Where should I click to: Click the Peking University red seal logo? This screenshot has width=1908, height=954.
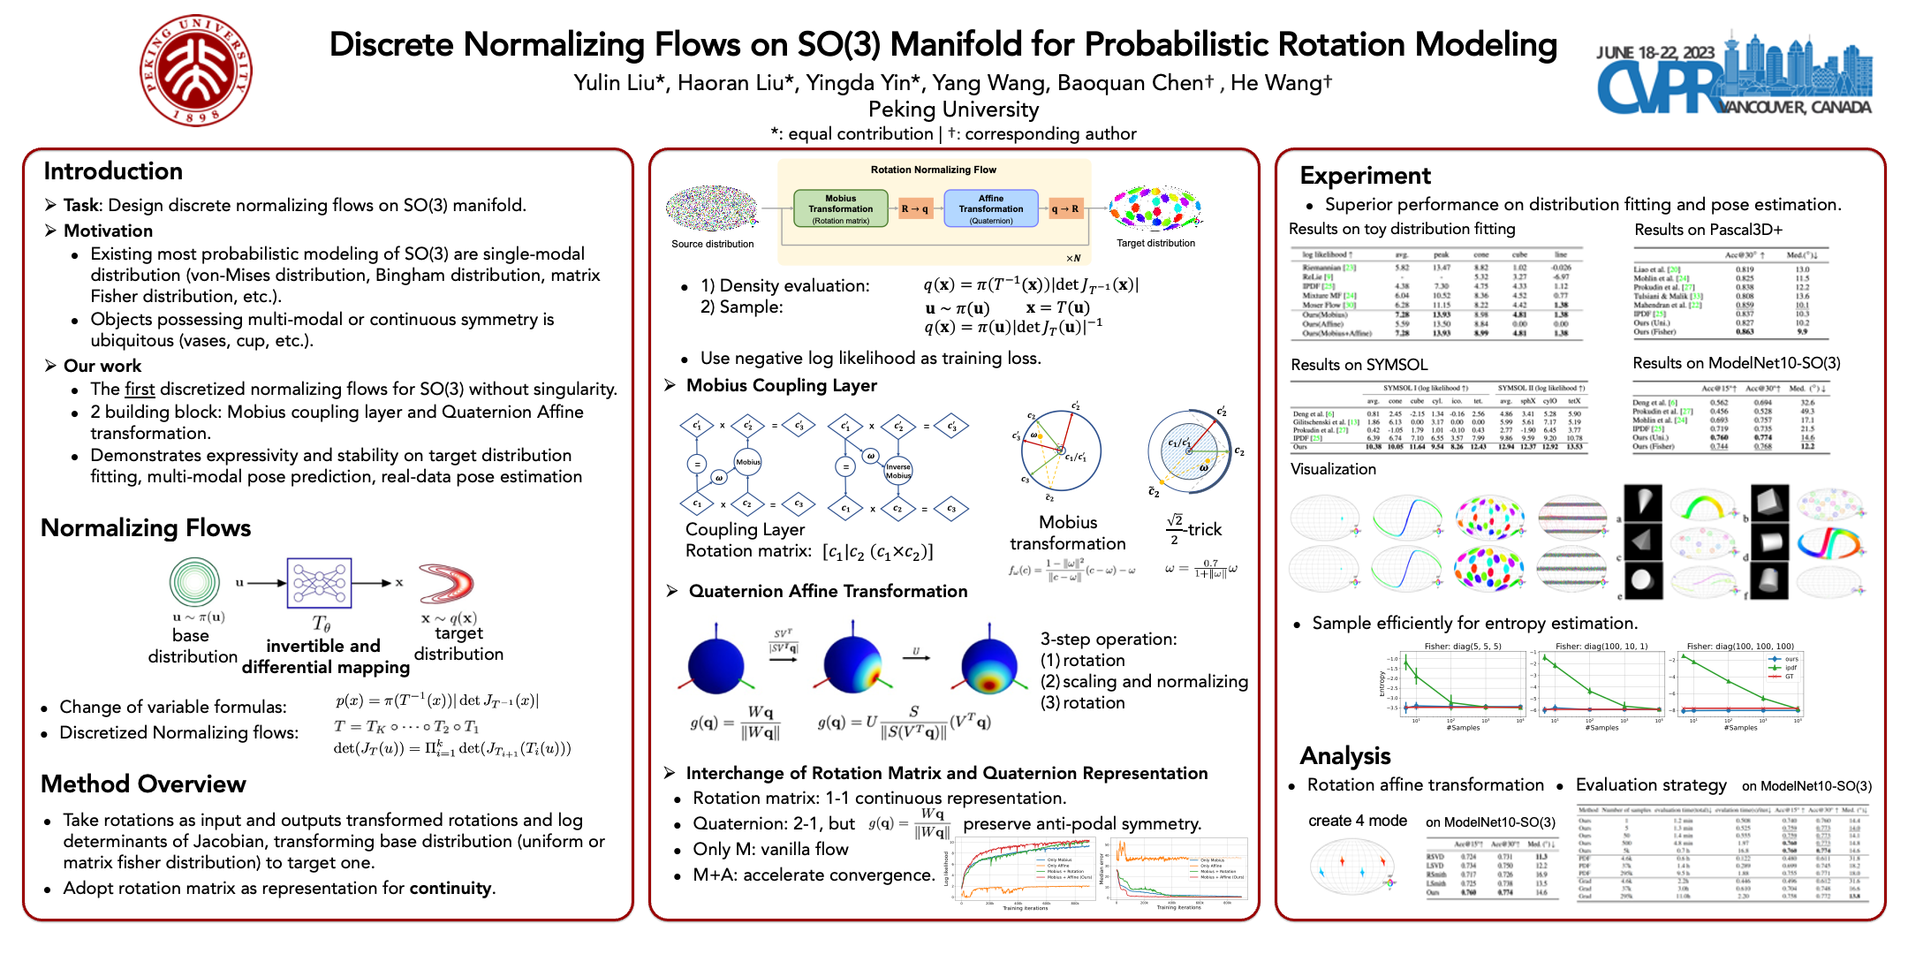pos(195,70)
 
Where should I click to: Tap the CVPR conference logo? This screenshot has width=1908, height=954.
pos(1733,76)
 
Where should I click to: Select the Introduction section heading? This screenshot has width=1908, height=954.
pos(113,171)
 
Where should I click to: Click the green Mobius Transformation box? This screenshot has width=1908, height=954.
pos(840,209)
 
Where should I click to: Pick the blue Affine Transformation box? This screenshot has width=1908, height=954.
pos(990,209)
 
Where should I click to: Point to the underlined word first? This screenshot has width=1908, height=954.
pos(140,390)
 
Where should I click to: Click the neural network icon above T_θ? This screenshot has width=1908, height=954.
pos(319,583)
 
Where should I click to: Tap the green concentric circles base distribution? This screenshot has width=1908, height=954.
pos(194,582)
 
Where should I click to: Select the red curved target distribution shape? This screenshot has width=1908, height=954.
pos(447,583)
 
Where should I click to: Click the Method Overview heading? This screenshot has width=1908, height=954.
pos(143,784)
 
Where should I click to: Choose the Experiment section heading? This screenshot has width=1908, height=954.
pos(1365,176)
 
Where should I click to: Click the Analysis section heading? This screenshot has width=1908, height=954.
pos(1344,756)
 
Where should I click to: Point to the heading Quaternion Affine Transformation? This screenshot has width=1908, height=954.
pos(828,592)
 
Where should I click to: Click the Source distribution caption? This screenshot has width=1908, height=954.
pos(712,245)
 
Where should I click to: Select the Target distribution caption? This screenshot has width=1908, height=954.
pos(1155,244)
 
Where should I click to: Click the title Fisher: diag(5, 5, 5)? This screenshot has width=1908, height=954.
pos(1462,647)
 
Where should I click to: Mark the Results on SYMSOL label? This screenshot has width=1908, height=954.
pos(1359,366)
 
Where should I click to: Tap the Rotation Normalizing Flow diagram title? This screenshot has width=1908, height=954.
pos(933,170)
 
